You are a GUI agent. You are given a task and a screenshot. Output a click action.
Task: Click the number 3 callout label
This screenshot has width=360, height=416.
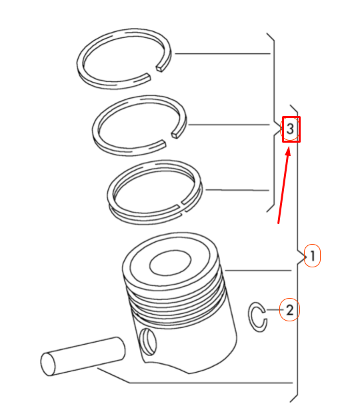[x=291, y=129]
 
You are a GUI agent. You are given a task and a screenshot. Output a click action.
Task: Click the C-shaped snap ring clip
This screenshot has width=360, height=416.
[x=257, y=316]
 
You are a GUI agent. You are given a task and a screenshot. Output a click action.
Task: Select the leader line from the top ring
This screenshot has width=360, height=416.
[x=220, y=53]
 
